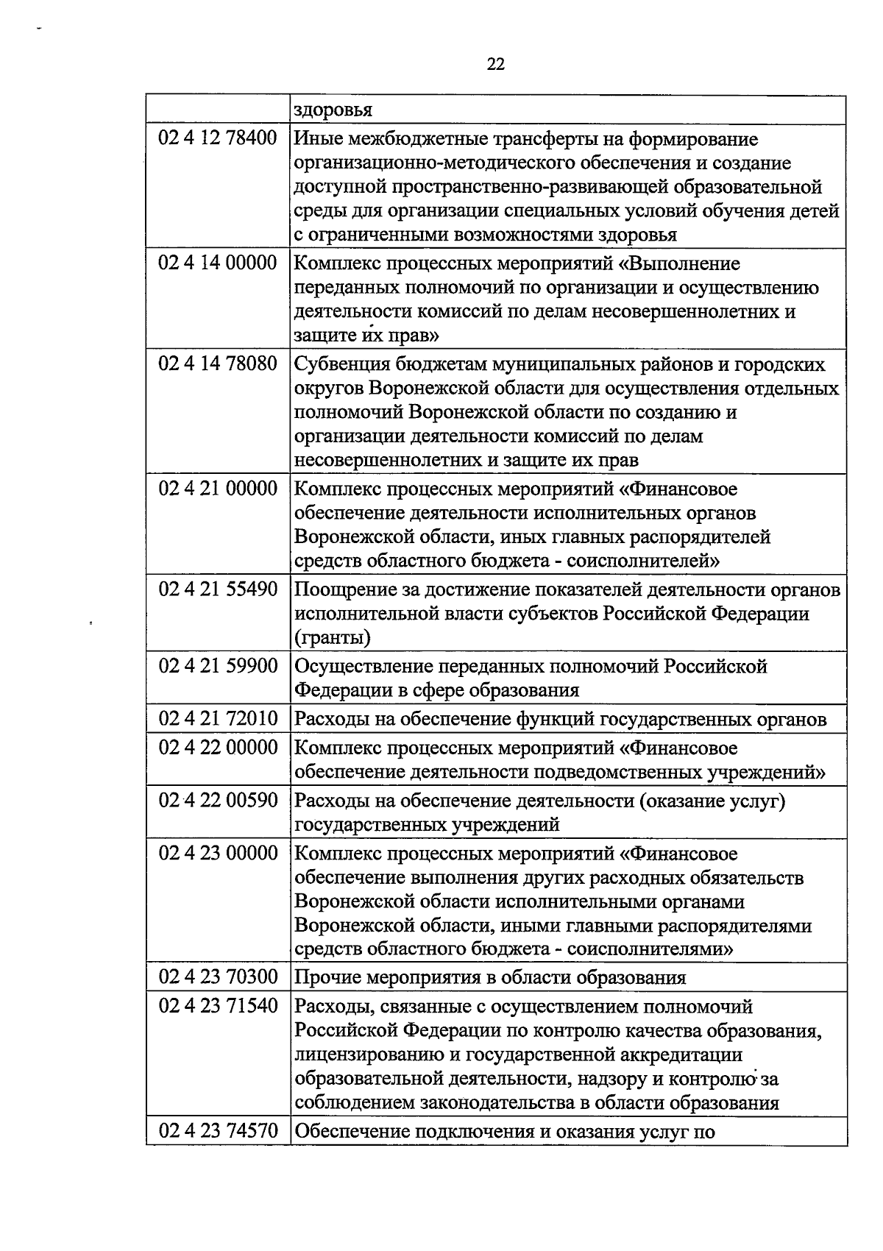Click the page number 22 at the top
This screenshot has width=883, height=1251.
496,64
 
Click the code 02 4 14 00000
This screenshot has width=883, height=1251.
218,263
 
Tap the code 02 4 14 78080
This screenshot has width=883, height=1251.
218,364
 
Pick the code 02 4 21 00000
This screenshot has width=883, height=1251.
218,489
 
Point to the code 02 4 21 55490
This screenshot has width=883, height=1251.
218,589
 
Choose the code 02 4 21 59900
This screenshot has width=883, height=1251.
218,666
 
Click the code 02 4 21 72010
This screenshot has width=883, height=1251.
218,719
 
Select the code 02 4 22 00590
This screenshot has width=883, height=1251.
218,800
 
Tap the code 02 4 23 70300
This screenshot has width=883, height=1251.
218,977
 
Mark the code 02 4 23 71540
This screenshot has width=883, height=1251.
218,1006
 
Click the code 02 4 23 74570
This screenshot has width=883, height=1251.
218,1131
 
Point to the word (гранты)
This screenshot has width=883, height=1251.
333,637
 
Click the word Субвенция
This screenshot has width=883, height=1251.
341,364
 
